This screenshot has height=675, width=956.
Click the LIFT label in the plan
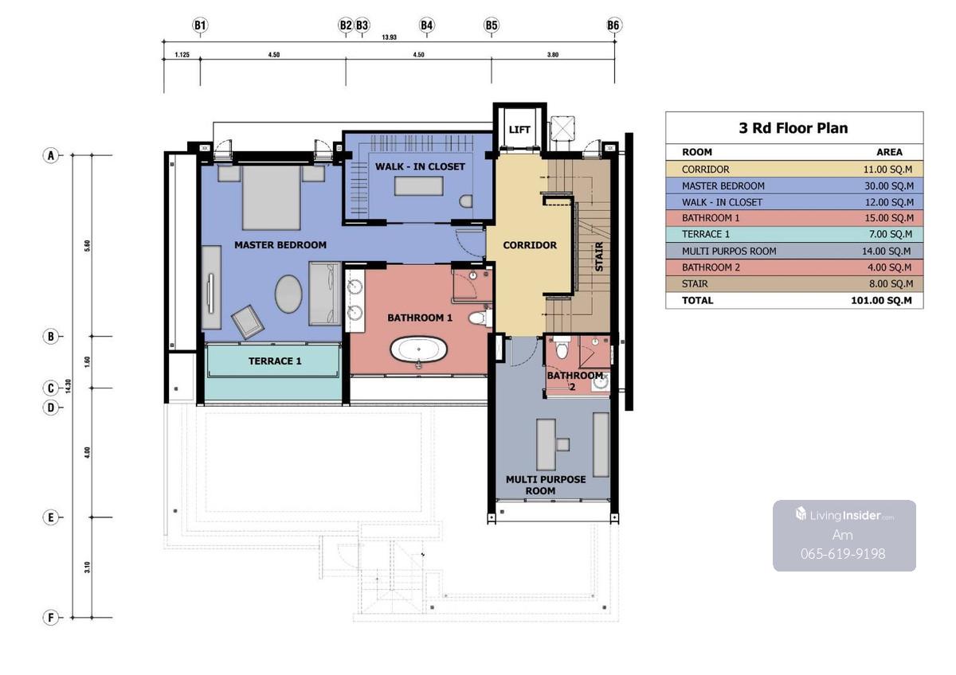point(519,129)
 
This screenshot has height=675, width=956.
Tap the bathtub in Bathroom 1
point(419,349)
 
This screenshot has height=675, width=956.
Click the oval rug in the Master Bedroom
point(288,294)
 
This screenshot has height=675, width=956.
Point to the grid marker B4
point(427,25)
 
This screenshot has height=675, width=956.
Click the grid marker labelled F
point(51,617)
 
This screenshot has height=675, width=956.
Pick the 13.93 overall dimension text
point(390,37)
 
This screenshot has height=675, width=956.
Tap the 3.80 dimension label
point(553,55)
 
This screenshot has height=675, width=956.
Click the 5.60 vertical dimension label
point(87,246)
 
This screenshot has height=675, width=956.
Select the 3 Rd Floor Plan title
point(793,128)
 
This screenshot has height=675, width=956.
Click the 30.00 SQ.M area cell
point(889,186)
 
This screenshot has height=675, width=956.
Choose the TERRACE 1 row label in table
point(706,234)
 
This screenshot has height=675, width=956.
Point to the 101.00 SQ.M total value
point(881,300)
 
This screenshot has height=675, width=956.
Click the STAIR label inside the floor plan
point(599,256)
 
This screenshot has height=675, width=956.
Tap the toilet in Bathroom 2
point(562,348)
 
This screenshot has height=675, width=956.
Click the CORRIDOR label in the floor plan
point(530,245)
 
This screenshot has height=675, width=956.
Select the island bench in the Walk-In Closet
point(419,186)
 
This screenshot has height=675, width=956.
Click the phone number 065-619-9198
point(843,553)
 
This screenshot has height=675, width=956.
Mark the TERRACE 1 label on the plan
point(275,361)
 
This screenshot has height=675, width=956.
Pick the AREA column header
point(889,152)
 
